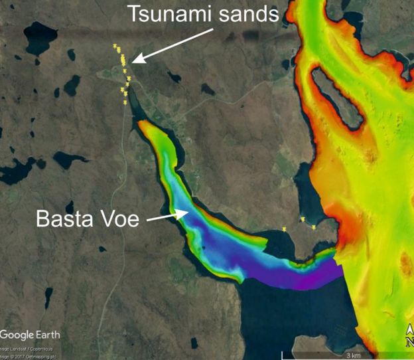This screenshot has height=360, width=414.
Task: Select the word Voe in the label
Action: point(119,220)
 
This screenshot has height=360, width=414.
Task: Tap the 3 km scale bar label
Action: point(354,354)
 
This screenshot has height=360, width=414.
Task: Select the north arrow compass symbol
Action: point(409,335)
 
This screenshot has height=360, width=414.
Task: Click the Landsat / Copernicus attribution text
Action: point(20,348)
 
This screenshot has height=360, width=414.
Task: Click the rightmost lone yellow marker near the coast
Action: point(314,228)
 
